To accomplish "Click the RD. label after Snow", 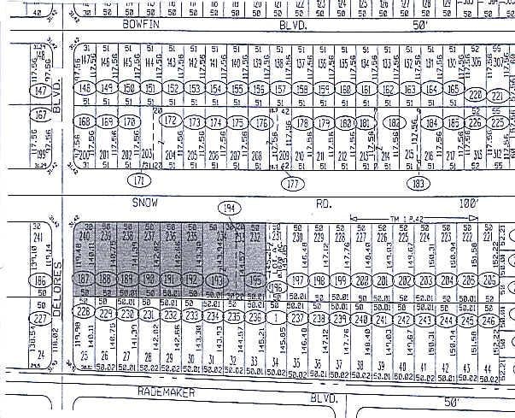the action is (x=325, y=205).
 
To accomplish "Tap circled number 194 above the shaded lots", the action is (x=227, y=208).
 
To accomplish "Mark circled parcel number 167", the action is (x=39, y=115).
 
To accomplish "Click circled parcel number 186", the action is (x=38, y=280).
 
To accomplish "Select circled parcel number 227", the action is (x=38, y=320).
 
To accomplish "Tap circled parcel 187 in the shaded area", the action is (x=84, y=280).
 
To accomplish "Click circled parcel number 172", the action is (x=172, y=121).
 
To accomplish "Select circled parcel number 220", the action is (x=476, y=94).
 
